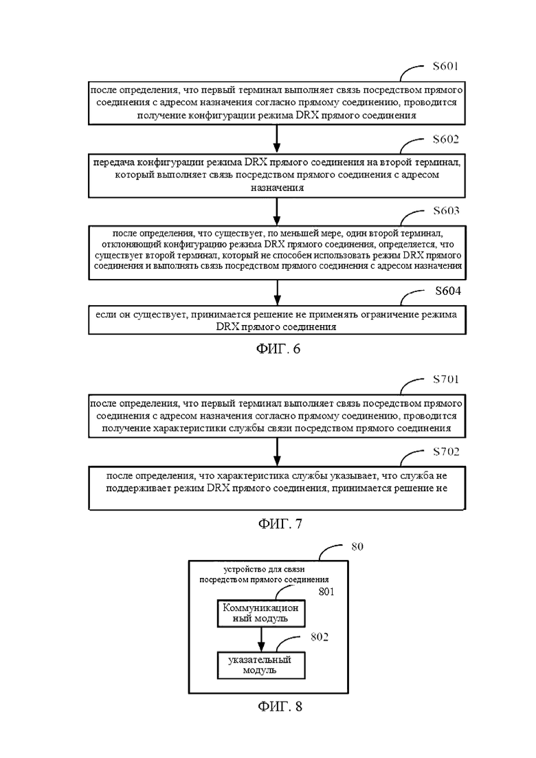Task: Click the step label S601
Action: click(x=445, y=66)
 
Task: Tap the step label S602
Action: click(x=445, y=140)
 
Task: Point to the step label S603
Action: click(x=445, y=211)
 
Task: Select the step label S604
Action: click(x=448, y=291)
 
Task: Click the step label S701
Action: click(x=445, y=379)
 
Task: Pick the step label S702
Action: click(x=445, y=452)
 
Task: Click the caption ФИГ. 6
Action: click(x=278, y=348)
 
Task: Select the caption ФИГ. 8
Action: click(x=280, y=706)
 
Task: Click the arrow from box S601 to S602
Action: click(x=277, y=140)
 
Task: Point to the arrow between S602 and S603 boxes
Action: click(x=277, y=211)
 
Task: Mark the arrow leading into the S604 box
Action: click(x=277, y=293)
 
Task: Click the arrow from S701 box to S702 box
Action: click(x=277, y=452)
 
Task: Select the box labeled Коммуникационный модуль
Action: click(x=260, y=613)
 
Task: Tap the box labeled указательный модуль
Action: click(x=260, y=665)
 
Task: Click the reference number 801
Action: click(x=326, y=592)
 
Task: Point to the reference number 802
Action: click(x=320, y=637)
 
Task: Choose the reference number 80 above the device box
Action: click(x=357, y=546)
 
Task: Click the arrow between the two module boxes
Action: click(x=261, y=639)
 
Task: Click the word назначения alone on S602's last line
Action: click(x=277, y=188)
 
